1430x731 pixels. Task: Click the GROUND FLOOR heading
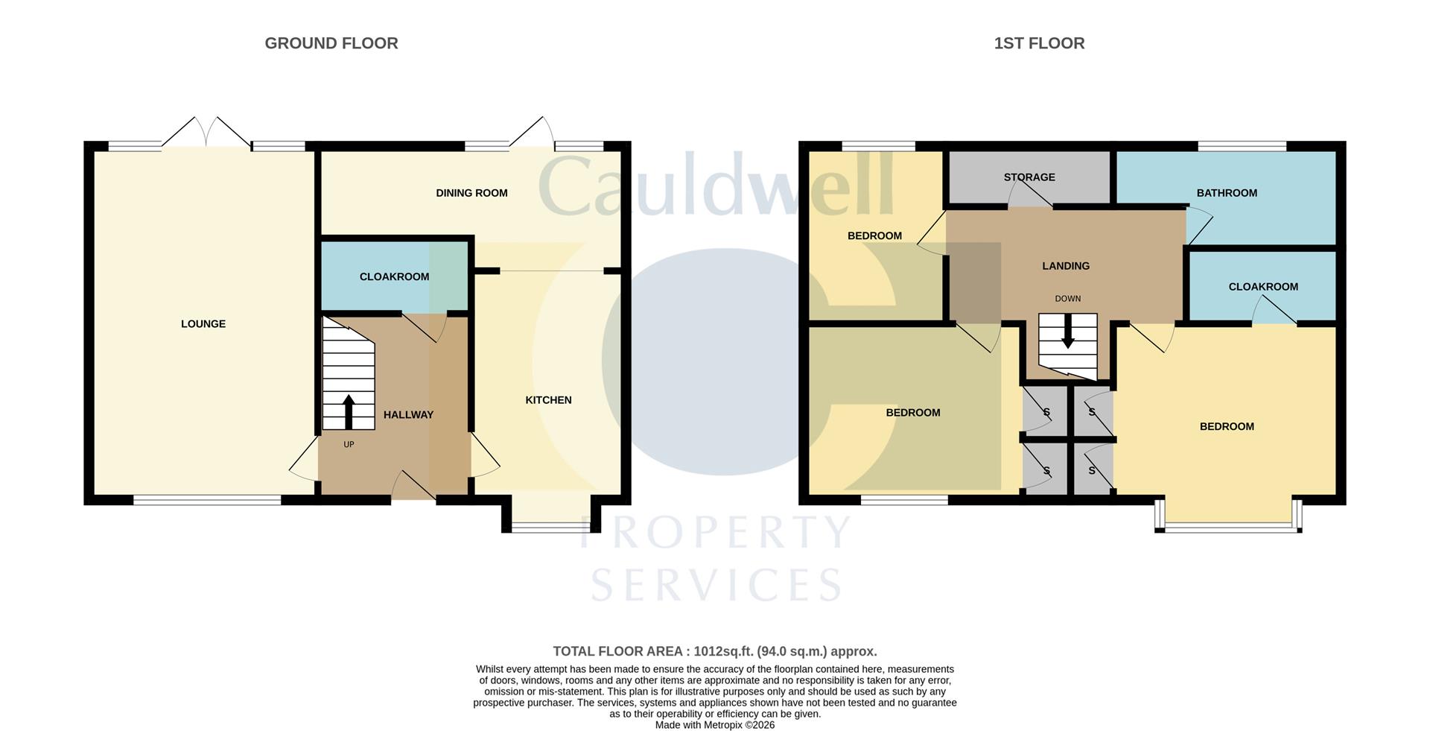click(331, 43)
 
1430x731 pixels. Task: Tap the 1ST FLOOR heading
click(1039, 43)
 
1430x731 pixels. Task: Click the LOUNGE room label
click(203, 323)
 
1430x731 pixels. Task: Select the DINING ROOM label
click(471, 193)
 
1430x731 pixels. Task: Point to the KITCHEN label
click(548, 400)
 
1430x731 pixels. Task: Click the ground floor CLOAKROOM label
click(394, 276)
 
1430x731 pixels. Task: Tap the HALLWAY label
click(408, 414)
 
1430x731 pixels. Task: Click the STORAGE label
click(1029, 177)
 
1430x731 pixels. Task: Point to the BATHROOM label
click(1227, 193)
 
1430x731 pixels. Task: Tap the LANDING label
click(1066, 266)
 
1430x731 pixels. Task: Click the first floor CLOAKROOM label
click(1263, 287)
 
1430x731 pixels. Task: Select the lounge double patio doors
click(207, 134)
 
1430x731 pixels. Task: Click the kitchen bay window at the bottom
click(551, 528)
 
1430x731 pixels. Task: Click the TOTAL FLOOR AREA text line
click(715, 651)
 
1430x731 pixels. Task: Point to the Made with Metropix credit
click(715, 725)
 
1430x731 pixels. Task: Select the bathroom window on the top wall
click(1242, 146)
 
